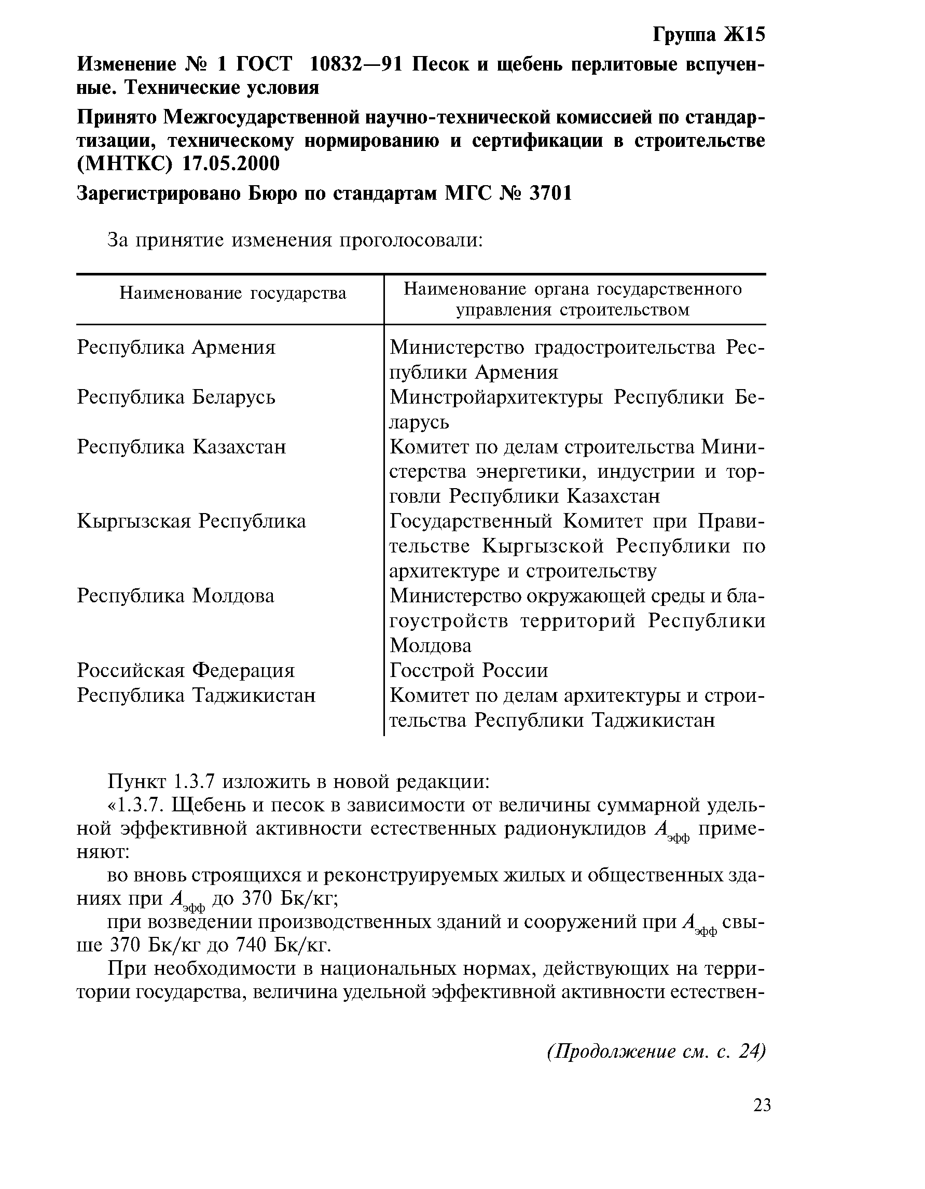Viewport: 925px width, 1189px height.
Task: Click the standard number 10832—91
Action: tap(355, 64)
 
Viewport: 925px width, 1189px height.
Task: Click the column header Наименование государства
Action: tap(232, 294)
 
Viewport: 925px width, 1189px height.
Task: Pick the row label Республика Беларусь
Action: tap(176, 397)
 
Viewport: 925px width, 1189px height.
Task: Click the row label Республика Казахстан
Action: tap(181, 447)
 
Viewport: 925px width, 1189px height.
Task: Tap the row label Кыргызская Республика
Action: tap(191, 521)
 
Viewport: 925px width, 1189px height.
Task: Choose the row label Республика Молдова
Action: tap(175, 596)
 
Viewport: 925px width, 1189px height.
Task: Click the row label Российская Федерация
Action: tap(186, 670)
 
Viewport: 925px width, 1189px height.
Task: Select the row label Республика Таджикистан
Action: tap(196, 695)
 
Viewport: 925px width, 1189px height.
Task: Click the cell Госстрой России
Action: tap(469, 670)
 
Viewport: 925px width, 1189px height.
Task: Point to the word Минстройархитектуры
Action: tap(496, 397)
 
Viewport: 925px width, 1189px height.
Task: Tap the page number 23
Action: tap(762, 1105)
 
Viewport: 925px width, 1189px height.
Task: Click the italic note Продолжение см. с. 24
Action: tap(656, 1051)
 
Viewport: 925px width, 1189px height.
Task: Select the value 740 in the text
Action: tap(250, 945)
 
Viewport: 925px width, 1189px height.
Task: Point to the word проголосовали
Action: tap(411, 240)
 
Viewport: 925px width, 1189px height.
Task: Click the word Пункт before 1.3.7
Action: tap(135, 782)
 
